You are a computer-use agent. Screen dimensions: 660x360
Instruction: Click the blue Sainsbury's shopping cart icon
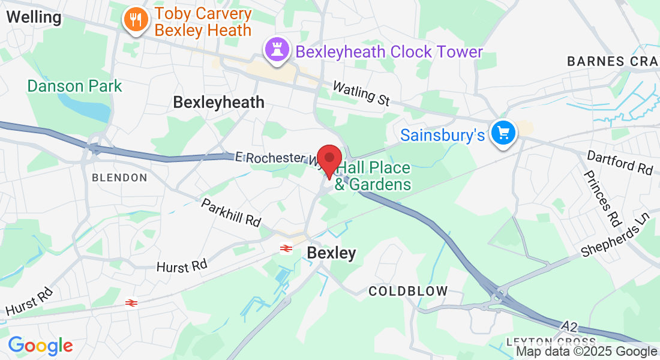click(x=503, y=133)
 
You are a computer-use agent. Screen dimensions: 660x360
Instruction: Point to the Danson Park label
click(x=75, y=86)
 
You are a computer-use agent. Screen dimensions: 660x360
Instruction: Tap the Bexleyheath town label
click(x=218, y=102)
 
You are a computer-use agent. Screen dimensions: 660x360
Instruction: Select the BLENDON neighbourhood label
click(x=119, y=178)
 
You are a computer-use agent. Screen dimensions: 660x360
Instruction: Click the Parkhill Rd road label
click(x=232, y=212)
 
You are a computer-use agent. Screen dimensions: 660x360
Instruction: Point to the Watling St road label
click(x=361, y=94)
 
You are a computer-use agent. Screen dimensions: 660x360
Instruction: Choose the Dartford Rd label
click(x=620, y=163)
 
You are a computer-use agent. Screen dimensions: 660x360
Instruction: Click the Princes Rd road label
click(x=601, y=199)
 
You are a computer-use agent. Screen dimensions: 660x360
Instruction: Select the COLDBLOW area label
click(x=408, y=291)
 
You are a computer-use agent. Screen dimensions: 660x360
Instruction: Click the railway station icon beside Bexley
click(x=286, y=248)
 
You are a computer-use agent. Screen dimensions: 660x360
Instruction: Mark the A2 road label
click(x=570, y=326)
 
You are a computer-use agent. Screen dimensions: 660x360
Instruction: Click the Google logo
click(x=40, y=346)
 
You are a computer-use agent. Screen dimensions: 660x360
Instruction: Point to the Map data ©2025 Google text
click(x=587, y=352)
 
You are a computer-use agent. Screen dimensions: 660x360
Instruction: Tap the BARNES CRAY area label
click(x=612, y=61)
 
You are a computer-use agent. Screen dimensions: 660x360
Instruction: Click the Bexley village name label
click(x=331, y=253)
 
